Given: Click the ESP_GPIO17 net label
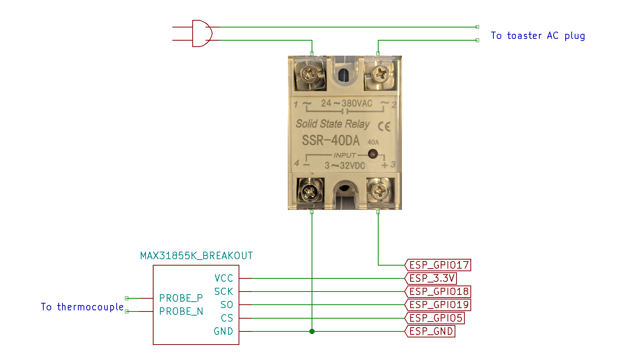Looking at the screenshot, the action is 438,265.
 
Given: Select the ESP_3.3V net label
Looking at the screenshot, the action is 431,278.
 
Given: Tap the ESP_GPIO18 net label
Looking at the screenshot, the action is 438,292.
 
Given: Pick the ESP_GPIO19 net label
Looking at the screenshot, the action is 438,305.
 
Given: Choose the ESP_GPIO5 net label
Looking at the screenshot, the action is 435,318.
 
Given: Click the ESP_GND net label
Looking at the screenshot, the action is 430,331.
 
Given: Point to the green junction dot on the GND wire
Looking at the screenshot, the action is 312,331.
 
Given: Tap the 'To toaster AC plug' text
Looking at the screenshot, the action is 538,36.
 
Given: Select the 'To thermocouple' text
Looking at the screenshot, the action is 82,307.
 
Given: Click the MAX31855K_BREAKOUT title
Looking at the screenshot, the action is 196,256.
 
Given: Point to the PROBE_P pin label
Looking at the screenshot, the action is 181,298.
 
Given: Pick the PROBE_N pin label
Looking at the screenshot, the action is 181,311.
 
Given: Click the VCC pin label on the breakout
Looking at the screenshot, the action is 224,278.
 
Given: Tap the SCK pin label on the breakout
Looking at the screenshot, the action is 224,292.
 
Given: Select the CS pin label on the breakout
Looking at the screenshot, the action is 227,318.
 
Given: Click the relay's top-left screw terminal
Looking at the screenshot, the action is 309,74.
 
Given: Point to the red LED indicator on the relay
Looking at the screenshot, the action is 373,154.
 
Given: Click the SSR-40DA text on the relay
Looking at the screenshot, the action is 331,140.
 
